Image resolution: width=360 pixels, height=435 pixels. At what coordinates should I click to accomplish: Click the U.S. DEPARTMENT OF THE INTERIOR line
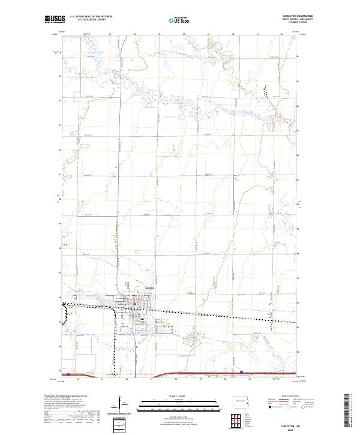coord(90,15)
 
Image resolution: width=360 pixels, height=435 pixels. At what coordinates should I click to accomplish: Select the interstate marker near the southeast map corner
coord(241,373)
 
